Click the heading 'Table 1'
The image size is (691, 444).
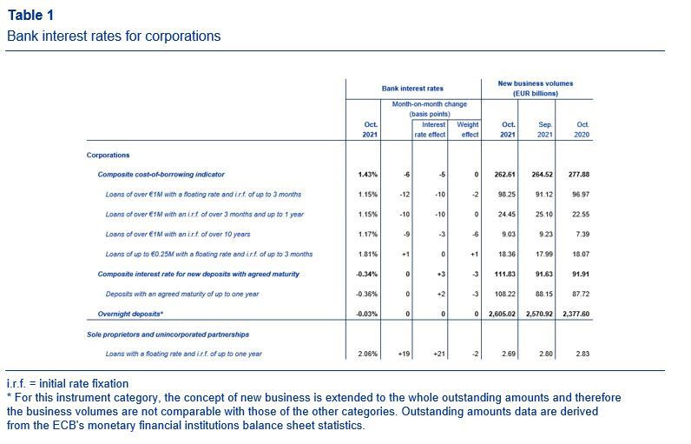pyautogui.click(x=30, y=15)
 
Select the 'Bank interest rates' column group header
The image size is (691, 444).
pyautogui.click(x=412, y=88)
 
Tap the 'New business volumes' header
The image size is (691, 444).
pyautogui.click(x=536, y=83)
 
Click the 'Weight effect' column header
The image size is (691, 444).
pyautogui.click(x=468, y=129)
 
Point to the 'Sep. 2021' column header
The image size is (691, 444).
pyautogui.click(x=545, y=129)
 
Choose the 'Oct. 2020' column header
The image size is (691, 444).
pyautogui.click(x=582, y=129)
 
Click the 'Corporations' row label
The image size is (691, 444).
pyautogui.click(x=108, y=156)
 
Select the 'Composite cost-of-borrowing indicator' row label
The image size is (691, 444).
pyautogui.click(x=161, y=175)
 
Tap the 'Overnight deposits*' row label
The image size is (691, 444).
pyautogui.click(x=130, y=314)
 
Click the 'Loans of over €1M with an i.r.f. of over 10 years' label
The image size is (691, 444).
pyautogui.click(x=178, y=234)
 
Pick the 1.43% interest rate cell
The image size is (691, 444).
pyautogui.click(x=368, y=175)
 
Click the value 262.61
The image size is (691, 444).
pyautogui.click(x=504, y=175)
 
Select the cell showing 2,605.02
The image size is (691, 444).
pyautogui.click(x=502, y=314)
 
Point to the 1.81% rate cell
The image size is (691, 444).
pyautogui.click(x=368, y=255)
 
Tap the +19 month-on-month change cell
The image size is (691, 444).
pyautogui.click(x=404, y=354)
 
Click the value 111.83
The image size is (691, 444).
pyautogui.click(x=505, y=275)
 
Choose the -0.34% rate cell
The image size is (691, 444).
pyautogui.click(x=366, y=275)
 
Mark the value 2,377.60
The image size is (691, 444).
pyautogui.click(x=576, y=314)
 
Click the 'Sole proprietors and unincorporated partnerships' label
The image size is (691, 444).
pyautogui.click(x=168, y=335)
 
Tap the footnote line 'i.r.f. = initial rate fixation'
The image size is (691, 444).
pyautogui.click(x=68, y=383)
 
